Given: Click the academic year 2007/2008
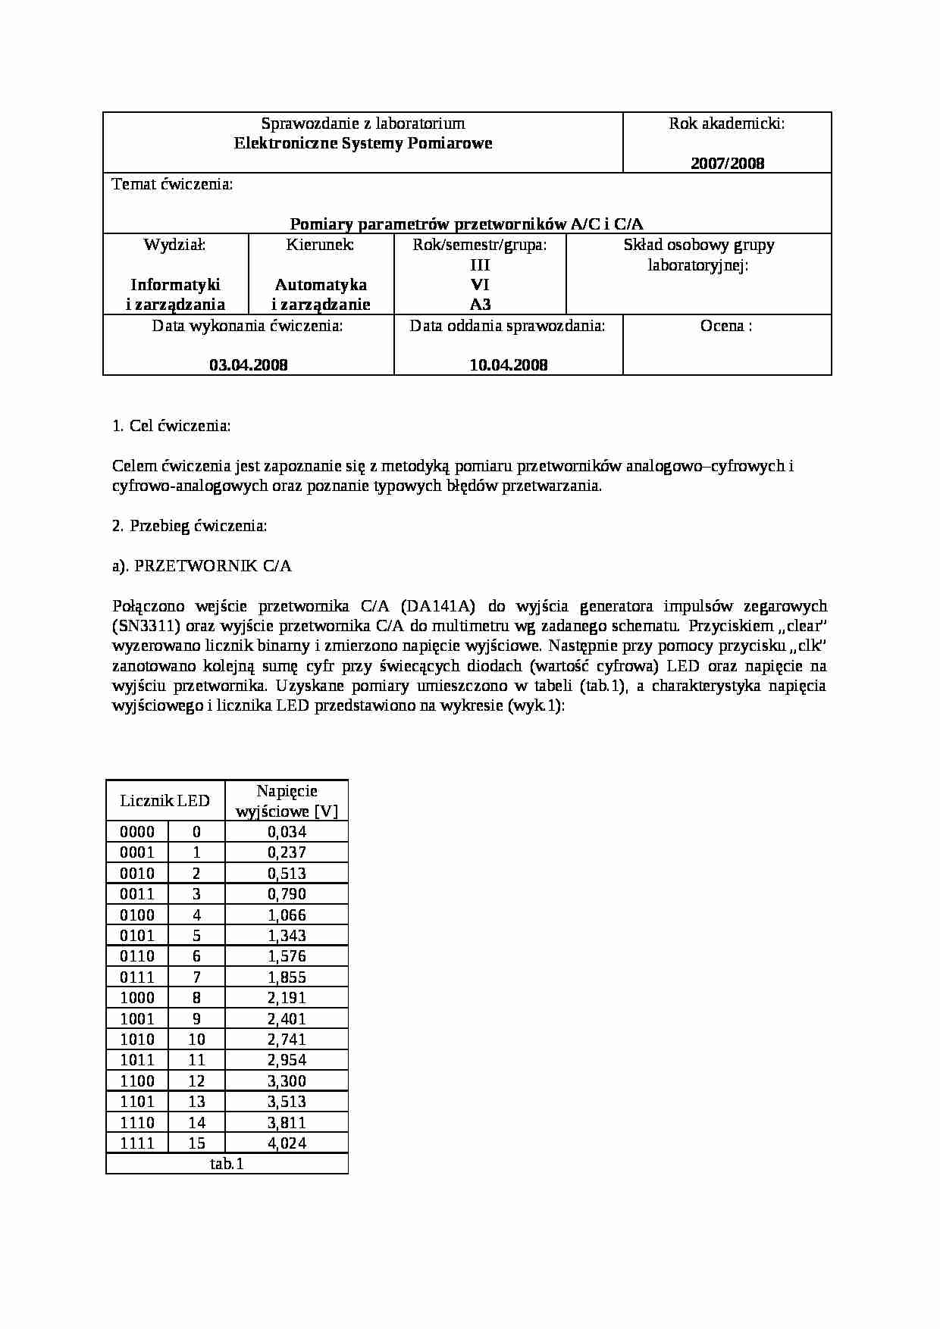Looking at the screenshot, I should point(727,163).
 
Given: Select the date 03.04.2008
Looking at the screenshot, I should point(249,364).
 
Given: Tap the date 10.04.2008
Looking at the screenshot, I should point(509,364).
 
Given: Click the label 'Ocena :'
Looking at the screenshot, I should point(726,326).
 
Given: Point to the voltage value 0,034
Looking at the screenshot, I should point(287,831).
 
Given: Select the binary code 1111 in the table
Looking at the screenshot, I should point(137,1143).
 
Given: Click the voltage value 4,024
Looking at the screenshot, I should point(287,1143).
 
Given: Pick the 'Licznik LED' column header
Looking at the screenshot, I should point(165,801).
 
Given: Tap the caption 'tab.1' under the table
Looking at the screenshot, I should point(227,1164).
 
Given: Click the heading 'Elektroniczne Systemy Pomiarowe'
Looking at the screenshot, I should point(363,143).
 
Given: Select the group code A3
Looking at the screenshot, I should point(480,305).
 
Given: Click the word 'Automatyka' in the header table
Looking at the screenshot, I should point(321,285).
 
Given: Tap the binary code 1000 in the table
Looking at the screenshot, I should point(137,998).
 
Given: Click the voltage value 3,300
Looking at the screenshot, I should point(287,1081).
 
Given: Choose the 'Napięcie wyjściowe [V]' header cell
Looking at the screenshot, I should point(287,801).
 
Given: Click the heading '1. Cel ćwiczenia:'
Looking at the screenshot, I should point(171,426).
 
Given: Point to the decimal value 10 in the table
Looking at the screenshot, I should point(196,1040).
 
